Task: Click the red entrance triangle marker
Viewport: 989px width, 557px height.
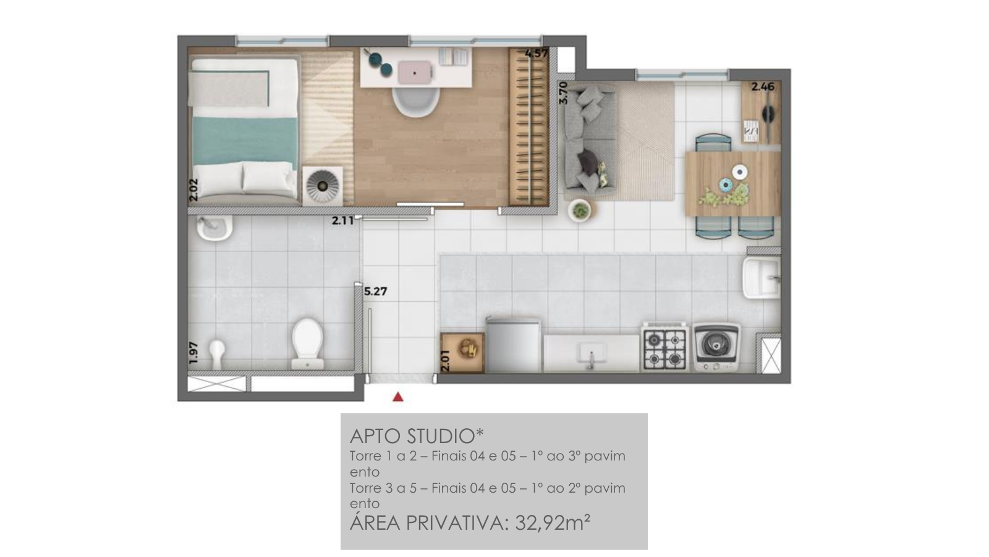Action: pos(398,397)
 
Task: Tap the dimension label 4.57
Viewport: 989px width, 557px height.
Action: pos(537,53)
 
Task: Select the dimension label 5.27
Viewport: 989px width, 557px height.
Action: pos(375,291)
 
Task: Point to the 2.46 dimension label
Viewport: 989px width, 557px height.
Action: pos(763,87)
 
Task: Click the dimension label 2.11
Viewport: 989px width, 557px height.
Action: pos(343,220)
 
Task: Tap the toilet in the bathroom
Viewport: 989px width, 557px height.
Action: pos(307,343)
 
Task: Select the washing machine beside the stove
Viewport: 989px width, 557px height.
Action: pos(716,347)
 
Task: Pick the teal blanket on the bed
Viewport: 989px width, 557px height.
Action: pos(245,140)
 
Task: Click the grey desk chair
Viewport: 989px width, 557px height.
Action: pos(415,101)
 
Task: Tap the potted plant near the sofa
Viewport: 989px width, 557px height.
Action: pos(580,210)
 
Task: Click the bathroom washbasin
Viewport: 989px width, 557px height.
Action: pos(214,228)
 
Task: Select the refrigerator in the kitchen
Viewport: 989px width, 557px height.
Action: pos(514,344)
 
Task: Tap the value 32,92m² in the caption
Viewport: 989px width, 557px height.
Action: pos(553,522)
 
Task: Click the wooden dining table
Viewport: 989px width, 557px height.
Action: pos(732,184)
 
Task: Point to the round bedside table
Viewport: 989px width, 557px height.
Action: pos(323,185)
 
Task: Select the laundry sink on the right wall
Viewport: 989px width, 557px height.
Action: pos(761,278)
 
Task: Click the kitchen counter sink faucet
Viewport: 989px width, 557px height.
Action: pos(591,359)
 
